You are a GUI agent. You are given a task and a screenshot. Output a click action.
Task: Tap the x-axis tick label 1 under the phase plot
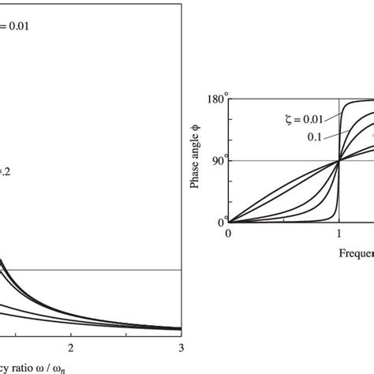[339, 234]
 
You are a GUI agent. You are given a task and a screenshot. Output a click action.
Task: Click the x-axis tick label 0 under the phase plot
[229, 234]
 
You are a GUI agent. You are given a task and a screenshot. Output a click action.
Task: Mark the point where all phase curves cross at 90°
[339, 161]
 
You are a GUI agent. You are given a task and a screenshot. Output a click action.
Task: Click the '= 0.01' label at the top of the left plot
[17, 26]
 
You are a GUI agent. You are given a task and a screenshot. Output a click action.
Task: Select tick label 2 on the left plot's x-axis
[72, 348]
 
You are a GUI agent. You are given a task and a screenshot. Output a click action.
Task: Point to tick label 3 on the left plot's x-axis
[181, 348]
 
